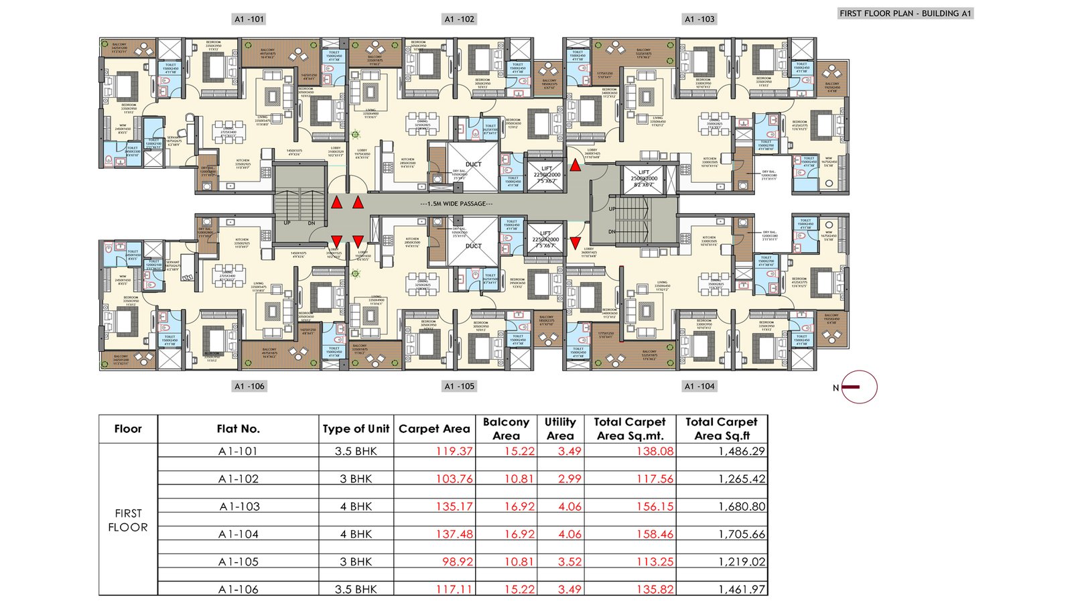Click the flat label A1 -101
249,19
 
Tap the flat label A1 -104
699,387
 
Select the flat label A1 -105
460,387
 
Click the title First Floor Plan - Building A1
905,13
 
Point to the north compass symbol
858,387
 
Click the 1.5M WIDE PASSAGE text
456,204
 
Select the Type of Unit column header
356,429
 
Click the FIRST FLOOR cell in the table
128,520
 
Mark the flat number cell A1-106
239,590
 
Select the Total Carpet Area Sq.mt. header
630,429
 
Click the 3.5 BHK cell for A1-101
356,452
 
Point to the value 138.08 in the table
655,452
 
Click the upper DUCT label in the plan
474,164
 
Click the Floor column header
128,429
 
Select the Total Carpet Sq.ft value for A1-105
741,562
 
